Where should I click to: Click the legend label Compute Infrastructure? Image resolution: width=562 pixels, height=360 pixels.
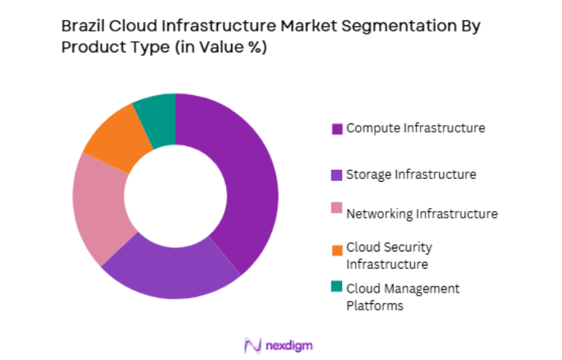click(415, 128)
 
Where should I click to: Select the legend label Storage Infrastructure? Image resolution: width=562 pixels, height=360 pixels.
click(411, 174)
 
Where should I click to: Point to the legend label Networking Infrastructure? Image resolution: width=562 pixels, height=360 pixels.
click(421, 213)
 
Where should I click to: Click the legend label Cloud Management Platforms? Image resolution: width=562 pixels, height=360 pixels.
click(403, 296)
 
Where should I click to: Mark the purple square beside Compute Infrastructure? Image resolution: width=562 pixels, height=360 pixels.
click(337, 129)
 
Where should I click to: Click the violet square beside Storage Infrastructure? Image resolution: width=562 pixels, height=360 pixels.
click(337, 175)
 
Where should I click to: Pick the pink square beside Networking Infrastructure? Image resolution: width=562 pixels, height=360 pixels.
click(337, 207)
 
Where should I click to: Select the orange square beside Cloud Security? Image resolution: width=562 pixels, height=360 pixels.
click(337, 248)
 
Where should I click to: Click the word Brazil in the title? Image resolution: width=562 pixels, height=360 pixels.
click(83, 26)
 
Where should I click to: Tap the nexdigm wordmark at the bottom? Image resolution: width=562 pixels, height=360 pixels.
click(288, 345)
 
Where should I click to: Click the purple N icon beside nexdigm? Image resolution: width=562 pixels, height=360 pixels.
click(252, 345)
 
